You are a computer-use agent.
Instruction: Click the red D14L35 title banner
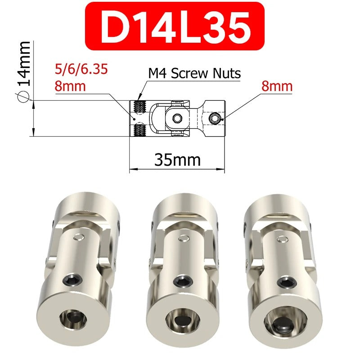(175, 26)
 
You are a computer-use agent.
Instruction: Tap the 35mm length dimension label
(177, 159)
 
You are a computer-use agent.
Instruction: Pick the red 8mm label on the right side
(277, 86)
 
